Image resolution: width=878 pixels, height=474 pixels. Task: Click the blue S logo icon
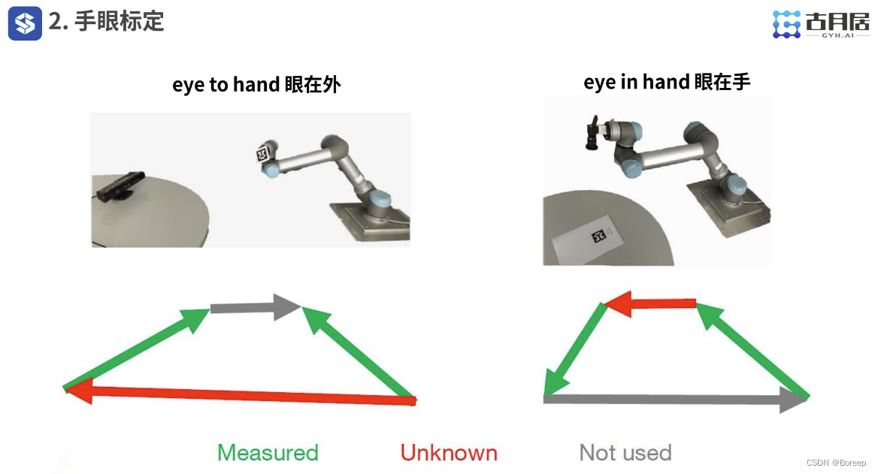[x=25, y=23]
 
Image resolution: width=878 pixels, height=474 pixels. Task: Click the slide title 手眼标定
[x=120, y=22]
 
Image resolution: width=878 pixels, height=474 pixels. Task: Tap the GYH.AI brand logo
[x=821, y=25]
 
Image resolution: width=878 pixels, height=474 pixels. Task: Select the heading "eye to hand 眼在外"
[x=256, y=84]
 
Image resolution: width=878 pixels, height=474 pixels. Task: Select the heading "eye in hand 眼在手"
[x=666, y=83]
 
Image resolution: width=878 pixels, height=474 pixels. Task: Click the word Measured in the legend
[x=268, y=453]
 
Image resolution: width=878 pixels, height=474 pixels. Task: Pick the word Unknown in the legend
[x=449, y=453]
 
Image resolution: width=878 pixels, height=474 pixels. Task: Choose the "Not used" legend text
[x=625, y=453]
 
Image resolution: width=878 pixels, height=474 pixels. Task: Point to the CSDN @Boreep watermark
[x=836, y=463]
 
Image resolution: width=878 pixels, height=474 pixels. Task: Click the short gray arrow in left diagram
[x=256, y=307]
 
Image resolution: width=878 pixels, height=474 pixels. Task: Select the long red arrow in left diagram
[x=241, y=393]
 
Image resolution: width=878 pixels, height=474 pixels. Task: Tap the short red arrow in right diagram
[x=650, y=304]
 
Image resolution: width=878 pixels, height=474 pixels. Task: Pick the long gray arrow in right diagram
[x=676, y=400]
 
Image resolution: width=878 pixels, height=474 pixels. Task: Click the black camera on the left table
[x=120, y=186]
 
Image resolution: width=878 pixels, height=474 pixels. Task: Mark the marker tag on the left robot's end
[x=263, y=152]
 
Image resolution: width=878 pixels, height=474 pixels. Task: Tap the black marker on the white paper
[x=598, y=236]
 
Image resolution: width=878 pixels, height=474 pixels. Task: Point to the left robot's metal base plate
[x=372, y=221]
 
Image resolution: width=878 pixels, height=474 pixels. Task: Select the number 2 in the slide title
[x=54, y=22]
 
